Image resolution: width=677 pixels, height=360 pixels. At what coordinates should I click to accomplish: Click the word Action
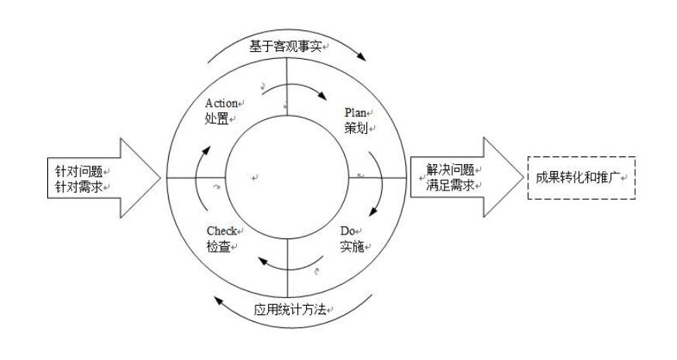click(222, 104)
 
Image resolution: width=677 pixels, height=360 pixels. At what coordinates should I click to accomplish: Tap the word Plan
click(356, 113)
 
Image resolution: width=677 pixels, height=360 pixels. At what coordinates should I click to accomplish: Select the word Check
click(222, 231)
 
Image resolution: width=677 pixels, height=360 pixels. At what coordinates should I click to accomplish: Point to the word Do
click(348, 231)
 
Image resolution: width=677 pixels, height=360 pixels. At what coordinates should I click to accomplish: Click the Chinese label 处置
click(217, 118)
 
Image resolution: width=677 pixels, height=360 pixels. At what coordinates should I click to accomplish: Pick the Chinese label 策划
click(356, 128)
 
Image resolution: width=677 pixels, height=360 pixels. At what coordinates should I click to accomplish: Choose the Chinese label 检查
click(218, 246)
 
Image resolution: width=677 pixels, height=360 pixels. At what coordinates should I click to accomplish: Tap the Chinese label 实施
click(352, 246)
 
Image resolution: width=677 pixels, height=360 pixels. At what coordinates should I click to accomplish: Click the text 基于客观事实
click(285, 46)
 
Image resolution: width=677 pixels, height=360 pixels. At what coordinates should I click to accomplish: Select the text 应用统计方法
click(290, 310)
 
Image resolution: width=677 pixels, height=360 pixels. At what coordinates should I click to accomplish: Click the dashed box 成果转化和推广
click(582, 177)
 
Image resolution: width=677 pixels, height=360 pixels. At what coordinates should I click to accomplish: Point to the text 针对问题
click(79, 171)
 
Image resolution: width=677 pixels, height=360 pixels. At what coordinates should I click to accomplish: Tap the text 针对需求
click(79, 187)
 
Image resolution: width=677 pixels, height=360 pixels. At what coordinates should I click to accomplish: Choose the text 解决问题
click(450, 170)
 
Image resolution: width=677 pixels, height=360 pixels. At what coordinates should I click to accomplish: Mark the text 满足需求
click(450, 185)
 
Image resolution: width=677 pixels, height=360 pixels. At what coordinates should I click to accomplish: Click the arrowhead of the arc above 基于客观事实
click(361, 57)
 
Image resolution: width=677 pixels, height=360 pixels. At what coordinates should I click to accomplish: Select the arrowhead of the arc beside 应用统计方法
click(219, 300)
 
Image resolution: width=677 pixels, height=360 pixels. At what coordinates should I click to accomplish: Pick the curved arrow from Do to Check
click(290, 265)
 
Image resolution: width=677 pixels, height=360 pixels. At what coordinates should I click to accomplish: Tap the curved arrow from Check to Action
click(198, 179)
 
